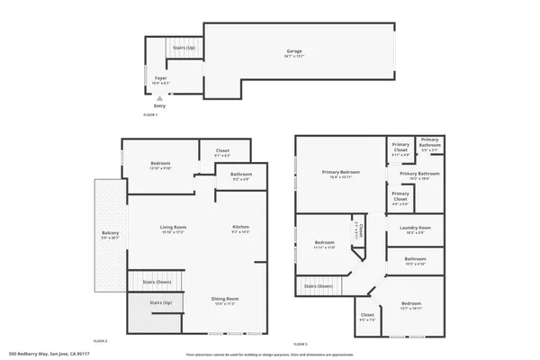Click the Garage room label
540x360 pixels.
pos(292,51)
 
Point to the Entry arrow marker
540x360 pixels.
pos(159,99)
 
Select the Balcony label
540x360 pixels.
pos(110,236)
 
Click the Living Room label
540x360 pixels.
pos(173,228)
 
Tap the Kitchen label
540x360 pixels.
pos(240,228)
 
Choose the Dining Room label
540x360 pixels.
pos(225,300)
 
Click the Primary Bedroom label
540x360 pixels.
pos(341,174)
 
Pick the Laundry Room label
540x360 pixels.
pos(416,229)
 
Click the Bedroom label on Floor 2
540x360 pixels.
pos(160,164)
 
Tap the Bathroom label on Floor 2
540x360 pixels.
pos(240,175)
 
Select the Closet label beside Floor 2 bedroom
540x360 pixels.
pos(221,151)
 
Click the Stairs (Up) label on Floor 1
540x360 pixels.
pos(184,48)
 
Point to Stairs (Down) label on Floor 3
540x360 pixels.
pos(318,287)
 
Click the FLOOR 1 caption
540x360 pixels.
pos(150,115)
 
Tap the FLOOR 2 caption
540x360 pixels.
pos(101,341)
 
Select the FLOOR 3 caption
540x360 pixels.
pos(301,345)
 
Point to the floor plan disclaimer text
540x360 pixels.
pos(270,354)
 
